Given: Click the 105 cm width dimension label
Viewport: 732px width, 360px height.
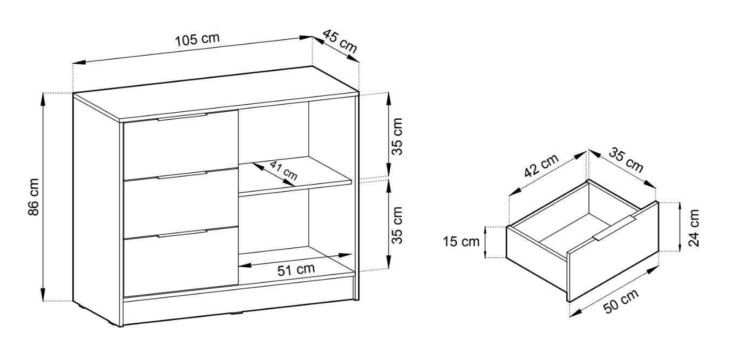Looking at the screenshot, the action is pos(198,39).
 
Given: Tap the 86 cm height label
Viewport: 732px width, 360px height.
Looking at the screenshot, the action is pos(33,197).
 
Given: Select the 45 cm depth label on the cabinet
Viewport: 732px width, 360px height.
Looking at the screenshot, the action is pos(340,42).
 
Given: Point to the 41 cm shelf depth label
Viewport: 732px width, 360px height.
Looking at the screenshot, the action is pos(283,171).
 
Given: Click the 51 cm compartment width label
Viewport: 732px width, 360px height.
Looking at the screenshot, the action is pos(296,269).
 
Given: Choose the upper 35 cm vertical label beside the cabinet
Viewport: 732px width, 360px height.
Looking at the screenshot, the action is pos(397,136).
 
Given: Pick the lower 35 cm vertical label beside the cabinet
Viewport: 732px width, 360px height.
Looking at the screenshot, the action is pos(397,225).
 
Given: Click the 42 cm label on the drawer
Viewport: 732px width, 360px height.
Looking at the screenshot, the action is pos(541,165).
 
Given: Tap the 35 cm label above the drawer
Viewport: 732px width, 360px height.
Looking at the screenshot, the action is pos(626,161).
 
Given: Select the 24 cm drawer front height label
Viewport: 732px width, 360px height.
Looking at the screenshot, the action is pos(694,228).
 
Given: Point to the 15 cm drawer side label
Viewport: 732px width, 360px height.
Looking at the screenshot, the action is pos(461,242).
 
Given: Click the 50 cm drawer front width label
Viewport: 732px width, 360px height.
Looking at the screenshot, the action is pos(621,301).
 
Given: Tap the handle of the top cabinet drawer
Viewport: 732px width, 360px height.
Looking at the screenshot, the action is pos(182,117).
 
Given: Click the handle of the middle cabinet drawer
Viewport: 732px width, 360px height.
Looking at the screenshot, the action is pos(182,175).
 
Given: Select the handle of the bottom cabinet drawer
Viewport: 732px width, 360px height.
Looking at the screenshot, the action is pos(182,233).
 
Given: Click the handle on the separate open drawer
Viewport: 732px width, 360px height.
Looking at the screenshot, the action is pos(614,228).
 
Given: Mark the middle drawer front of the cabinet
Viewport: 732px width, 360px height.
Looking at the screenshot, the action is pos(181,203).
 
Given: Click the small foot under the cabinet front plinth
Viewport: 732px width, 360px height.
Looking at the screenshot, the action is pos(236,313).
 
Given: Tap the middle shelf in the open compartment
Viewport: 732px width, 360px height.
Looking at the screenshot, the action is pos(295,176).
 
